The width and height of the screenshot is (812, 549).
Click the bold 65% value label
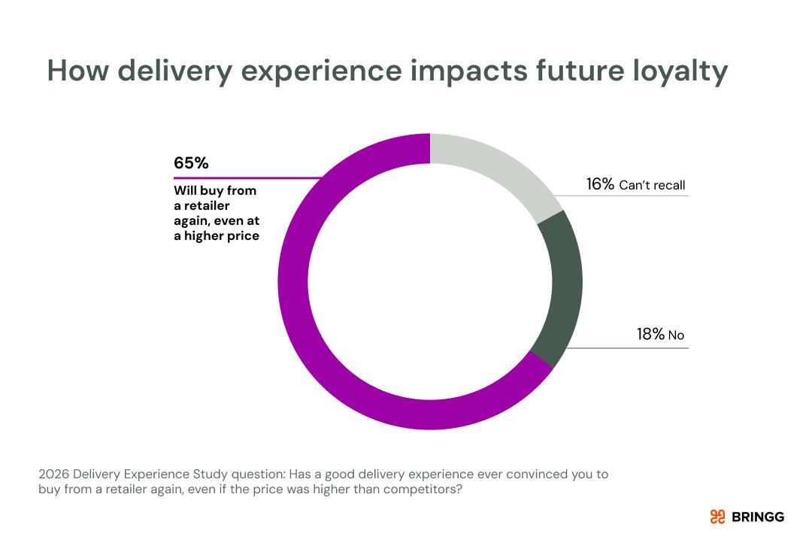(x=191, y=163)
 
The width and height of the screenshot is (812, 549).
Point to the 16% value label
(x=600, y=184)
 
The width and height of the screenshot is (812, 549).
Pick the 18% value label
(x=650, y=335)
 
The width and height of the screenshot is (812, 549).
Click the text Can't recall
(x=652, y=185)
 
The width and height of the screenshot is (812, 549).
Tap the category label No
(x=676, y=335)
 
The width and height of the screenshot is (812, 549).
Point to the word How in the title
(x=78, y=71)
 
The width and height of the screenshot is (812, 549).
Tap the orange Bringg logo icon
(x=717, y=517)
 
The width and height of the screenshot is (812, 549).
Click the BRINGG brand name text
(x=757, y=517)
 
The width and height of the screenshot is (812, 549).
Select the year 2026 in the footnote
(x=53, y=475)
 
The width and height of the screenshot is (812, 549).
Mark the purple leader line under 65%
(x=248, y=178)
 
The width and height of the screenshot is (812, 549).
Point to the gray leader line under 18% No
(x=624, y=349)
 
